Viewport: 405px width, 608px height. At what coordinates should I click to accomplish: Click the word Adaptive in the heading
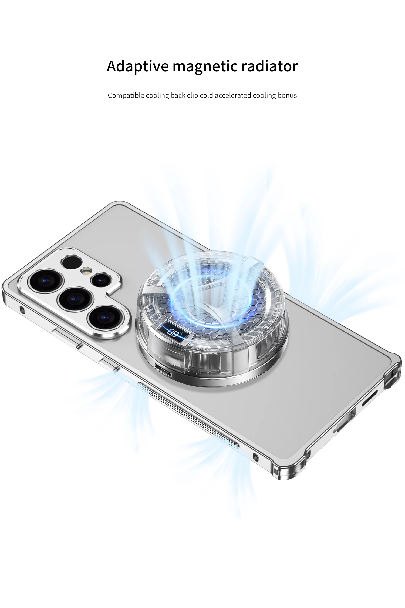138,66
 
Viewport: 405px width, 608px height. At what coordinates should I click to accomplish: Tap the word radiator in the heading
269,66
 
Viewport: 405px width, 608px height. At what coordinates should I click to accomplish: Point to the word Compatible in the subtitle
126,96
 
